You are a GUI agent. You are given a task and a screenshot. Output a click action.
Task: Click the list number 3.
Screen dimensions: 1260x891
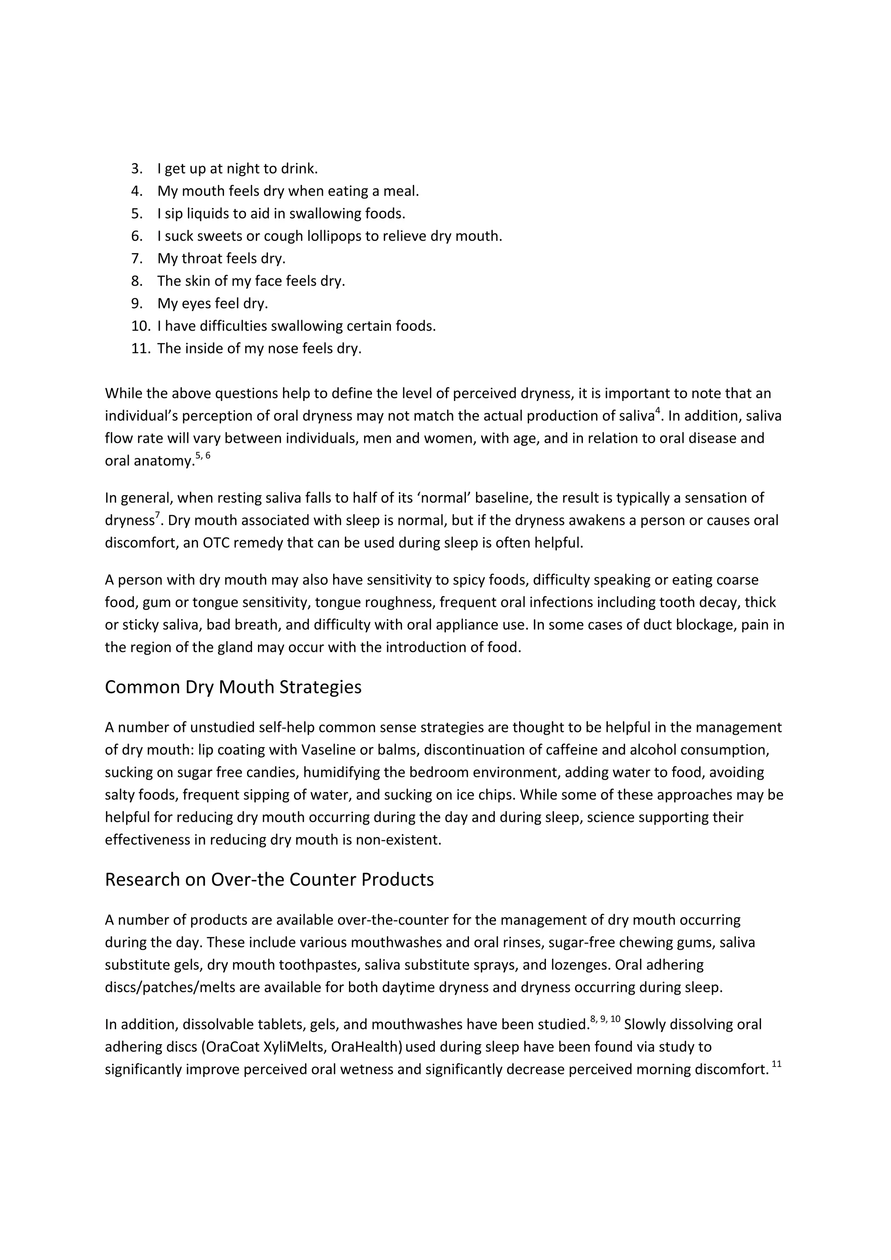[x=136, y=168]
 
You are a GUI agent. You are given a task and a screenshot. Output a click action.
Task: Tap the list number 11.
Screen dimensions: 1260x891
[x=140, y=348]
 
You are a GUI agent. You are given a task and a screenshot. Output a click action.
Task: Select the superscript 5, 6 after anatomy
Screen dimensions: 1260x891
[x=203, y=455]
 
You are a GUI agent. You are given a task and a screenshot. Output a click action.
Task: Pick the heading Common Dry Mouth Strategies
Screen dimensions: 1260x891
[x=233, y=687]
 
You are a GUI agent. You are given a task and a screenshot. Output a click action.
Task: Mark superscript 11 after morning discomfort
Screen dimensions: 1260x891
[x=776, y=1065]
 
